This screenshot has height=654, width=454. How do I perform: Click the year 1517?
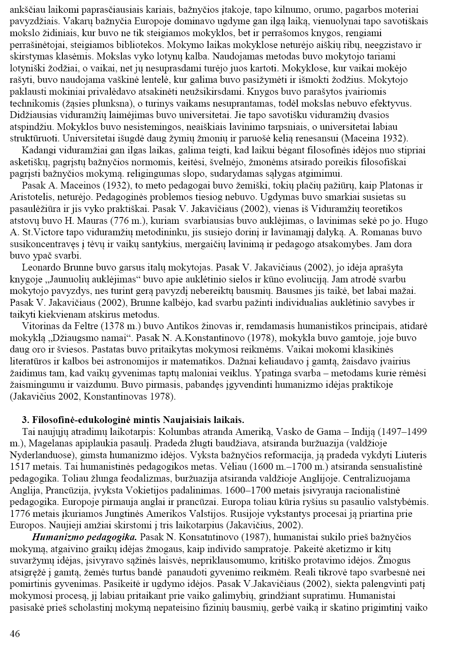pyautogui.click(x=19, y=467)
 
